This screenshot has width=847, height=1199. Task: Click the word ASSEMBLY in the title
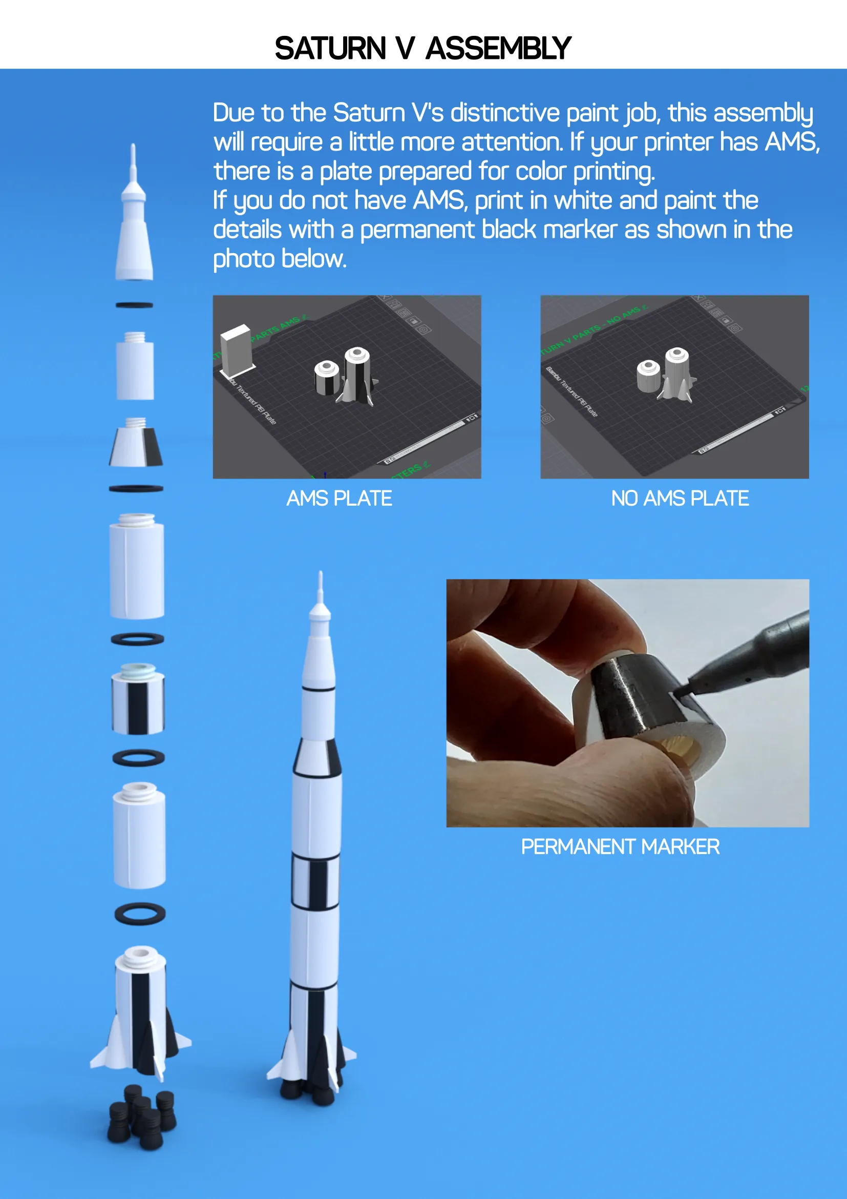point(498,49)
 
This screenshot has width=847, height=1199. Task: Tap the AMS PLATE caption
point(339,499)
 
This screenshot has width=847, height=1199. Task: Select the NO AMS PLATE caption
point(680,499)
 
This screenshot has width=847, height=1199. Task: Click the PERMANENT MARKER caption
point(620,846)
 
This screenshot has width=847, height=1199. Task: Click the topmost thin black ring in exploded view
point(134,305)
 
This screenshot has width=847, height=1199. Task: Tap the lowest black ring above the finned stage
point(140,914)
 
